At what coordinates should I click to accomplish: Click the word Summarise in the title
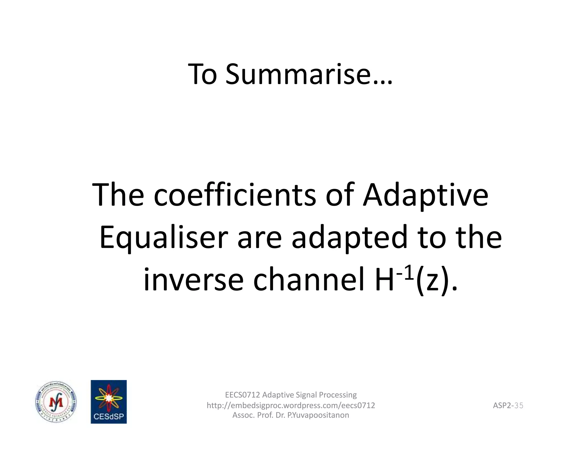coord(309,75)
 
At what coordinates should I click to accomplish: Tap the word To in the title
coord(203,75)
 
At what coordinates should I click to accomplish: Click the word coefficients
coord(235,195)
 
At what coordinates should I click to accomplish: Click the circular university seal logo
coord(56,402)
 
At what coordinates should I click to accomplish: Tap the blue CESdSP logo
coord(109,402)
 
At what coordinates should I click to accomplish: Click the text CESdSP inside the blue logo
coord(109,417)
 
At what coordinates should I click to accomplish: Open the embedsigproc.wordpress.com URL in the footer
coord(290,405)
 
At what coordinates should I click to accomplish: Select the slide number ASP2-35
coord(508,405)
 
